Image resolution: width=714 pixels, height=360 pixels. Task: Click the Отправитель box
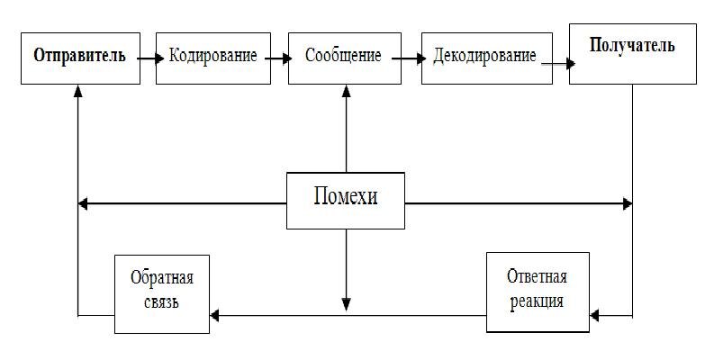point(78,58)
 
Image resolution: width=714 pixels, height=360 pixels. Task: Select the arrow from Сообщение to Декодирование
point(410,58)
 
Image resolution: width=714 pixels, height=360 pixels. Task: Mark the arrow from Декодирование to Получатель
point(554,63)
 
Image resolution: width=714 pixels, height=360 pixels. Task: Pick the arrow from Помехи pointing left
point(180,204)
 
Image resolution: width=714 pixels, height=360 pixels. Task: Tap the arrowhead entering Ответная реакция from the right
point(595,316)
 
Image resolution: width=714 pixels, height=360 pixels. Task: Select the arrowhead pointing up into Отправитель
point(78,91)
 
